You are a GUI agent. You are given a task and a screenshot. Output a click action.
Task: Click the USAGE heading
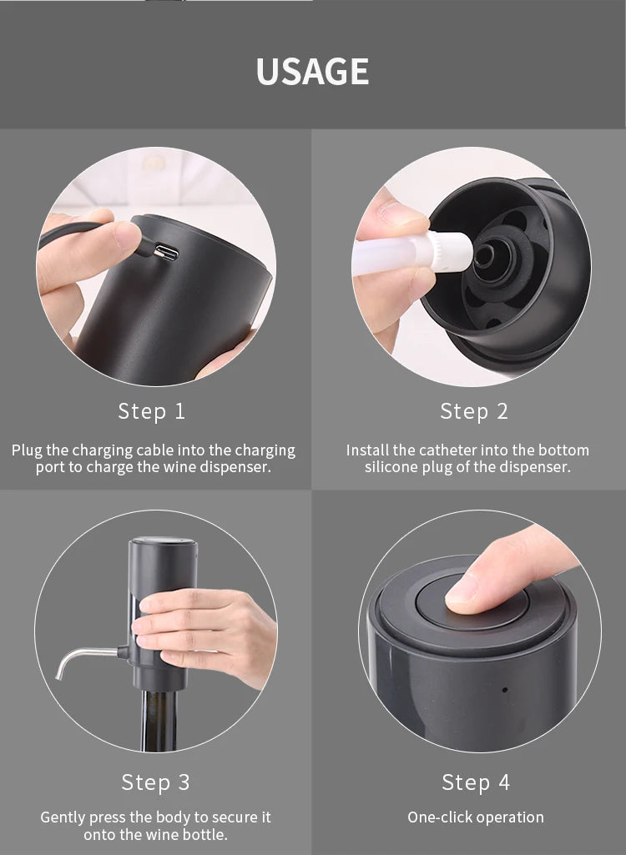pos(312,71)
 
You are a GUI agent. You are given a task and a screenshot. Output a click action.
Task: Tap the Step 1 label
pos(152,411)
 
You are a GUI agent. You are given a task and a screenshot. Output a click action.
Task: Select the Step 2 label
pos(474,411)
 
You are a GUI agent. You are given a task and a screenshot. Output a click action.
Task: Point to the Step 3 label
pos(155,782)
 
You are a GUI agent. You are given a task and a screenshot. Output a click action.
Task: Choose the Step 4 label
pos(476,782)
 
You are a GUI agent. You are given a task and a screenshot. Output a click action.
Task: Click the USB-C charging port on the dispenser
pos(167,252)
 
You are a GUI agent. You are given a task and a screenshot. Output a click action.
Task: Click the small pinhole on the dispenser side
pos(504,690)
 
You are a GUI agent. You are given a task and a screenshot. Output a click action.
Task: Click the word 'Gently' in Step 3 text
pos(65,817)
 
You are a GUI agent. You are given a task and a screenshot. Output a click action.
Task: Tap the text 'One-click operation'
pos(475,817)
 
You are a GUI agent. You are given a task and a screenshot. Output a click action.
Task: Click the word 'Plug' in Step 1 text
pos(27,450)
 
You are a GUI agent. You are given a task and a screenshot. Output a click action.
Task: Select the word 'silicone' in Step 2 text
pos(394,467)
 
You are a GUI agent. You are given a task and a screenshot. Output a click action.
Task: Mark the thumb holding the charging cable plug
pos(92,242)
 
